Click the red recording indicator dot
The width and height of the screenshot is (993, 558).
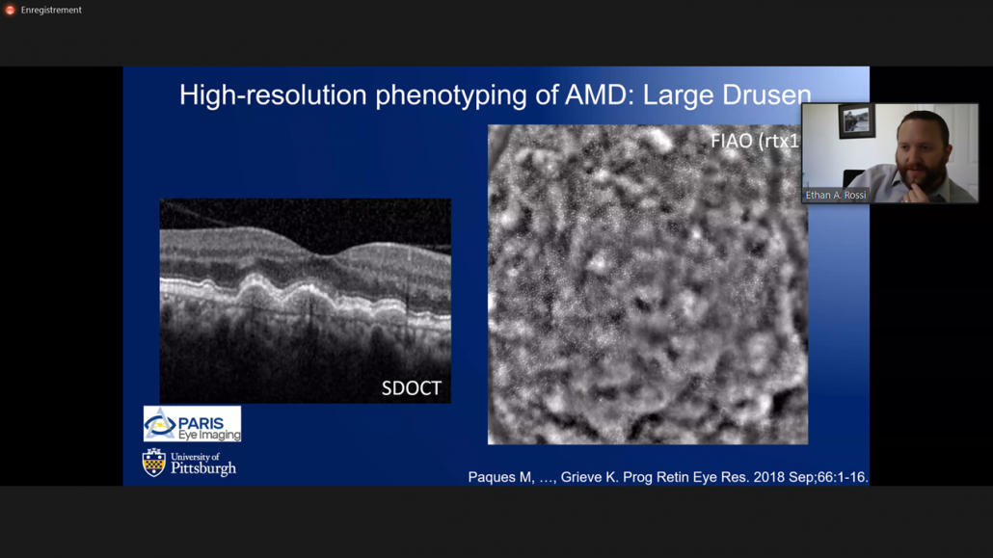[11, 11]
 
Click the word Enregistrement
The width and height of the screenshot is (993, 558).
[51, 11]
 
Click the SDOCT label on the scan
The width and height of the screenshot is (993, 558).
[411, 387]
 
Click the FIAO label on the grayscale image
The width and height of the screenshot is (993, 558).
[731, 141]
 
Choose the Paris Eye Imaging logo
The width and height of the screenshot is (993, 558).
[192, 424]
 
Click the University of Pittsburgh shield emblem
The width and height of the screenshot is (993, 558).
[154, 463]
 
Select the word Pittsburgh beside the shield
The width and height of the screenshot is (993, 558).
[203, 468]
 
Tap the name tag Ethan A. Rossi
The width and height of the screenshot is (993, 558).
[835, 195]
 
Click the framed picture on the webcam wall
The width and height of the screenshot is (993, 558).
[856, 121]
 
